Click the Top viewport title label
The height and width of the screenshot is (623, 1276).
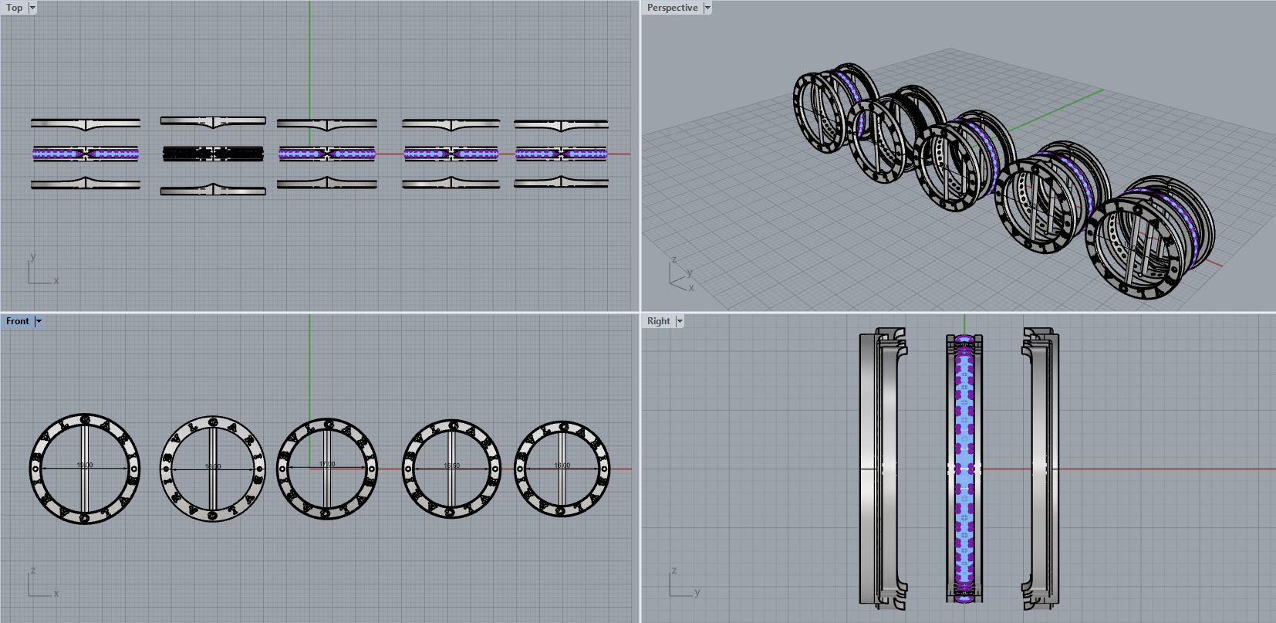pos(14,8)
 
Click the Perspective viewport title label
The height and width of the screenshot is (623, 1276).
pos(672,8)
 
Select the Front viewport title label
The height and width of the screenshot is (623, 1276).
pos(17,321)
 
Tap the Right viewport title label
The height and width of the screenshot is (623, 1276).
pos(658,321)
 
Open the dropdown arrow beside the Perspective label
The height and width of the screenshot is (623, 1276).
pos(707,8)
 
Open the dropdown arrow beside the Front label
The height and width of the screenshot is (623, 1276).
pos(39,321)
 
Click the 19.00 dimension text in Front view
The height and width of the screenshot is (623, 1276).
pos(85,466)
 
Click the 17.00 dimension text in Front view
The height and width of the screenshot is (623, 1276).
pos(327,465)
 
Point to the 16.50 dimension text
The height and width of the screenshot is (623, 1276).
pos(451,466)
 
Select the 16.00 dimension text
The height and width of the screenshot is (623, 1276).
pos(562,466)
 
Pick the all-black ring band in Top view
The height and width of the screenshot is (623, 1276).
pos(213,154)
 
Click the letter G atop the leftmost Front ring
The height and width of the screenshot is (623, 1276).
pos(85,421)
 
